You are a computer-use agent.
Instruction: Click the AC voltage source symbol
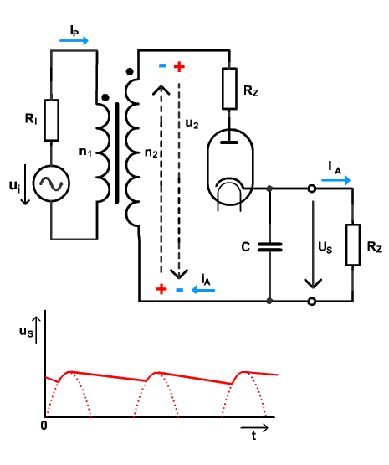pos(51,183)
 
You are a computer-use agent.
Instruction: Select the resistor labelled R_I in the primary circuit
pos(51,120)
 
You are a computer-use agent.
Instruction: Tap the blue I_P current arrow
pos(74,40)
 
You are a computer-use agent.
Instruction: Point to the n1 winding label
pos(85,152)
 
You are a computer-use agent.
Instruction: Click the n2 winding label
pos(151,152)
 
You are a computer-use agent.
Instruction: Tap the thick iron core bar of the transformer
pos(117,153)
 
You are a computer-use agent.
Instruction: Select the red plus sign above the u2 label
pos(179,67)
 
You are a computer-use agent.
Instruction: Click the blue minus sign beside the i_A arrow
pos(179,290)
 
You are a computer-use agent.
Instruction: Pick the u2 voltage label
pos(192,123)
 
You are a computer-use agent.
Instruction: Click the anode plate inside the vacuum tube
pos(229,142)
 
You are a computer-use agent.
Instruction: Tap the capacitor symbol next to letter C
pos(269,247)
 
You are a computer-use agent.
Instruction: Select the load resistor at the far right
pos(353,245)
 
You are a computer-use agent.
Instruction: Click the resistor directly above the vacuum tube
pos(229,89)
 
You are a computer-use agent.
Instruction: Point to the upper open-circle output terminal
pos(311,189)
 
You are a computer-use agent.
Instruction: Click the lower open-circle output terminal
pos(311,302)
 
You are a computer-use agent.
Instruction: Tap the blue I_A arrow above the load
pos(336,180)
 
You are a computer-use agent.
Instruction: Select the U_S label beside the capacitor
pos(325,247)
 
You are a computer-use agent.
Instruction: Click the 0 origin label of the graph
pos(44,426)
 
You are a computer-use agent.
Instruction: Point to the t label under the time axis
pos(253,436)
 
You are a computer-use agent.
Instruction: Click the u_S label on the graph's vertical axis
pos(26,332)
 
